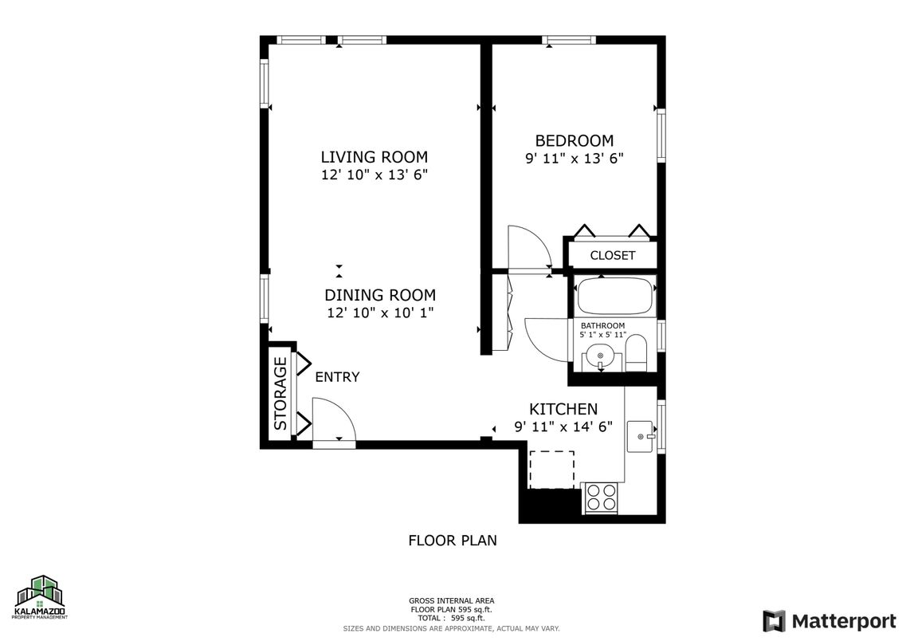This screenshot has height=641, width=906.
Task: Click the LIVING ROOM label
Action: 374,157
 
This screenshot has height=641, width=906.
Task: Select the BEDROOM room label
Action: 574,141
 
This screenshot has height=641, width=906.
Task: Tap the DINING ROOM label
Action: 380,295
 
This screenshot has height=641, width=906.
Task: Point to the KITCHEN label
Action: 563,409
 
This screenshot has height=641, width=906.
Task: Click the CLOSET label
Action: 612,256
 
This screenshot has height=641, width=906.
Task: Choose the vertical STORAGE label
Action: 280,393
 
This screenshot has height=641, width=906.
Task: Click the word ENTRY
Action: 337,377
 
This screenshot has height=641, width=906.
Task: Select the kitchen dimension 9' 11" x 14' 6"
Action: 563,427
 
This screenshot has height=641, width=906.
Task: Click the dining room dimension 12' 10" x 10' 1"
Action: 380,313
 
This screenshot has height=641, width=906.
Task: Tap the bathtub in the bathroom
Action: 615,296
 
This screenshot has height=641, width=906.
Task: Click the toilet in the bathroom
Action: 636,353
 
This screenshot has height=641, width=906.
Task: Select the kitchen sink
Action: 641,436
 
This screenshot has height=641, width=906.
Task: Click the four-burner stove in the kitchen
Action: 602,498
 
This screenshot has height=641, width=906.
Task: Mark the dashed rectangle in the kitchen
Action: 551,470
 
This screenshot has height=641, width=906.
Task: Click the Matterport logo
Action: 829,620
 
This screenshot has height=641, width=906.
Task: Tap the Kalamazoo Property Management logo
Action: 41,598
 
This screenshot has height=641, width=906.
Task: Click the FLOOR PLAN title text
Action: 452,541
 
